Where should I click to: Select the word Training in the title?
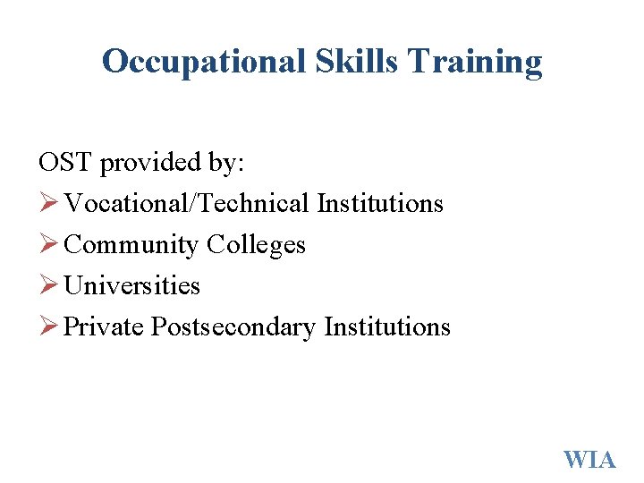476,62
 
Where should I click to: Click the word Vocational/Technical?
187,204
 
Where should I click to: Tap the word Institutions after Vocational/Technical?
380,204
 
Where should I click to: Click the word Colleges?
257,245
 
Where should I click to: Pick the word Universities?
132,286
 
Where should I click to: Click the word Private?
104,327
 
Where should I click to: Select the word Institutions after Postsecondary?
387,327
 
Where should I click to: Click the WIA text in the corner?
589,460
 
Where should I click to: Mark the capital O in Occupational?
114,62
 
